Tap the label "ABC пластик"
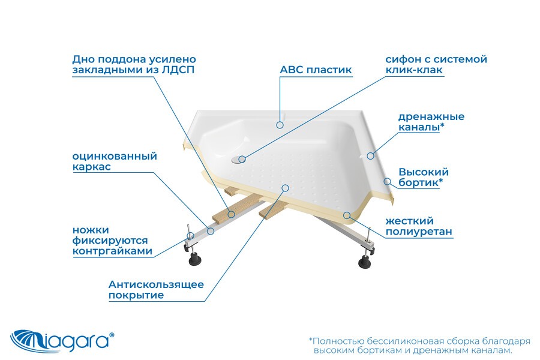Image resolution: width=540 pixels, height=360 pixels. (316, 70)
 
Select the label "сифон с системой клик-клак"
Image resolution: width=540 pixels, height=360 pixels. (436, 64)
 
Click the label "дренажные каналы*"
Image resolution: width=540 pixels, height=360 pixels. (431, 122)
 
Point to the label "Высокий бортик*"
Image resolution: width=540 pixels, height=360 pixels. (423, 177)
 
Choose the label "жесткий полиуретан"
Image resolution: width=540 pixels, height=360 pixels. (418, 226)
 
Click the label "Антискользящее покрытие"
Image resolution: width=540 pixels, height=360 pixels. (156, 290)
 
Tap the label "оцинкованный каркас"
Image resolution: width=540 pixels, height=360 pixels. (115, 161)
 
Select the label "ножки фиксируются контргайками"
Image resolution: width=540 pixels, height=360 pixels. (112, 241)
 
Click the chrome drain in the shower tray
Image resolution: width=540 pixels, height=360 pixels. (236, 159)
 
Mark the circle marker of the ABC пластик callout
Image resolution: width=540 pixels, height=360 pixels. (280, 125)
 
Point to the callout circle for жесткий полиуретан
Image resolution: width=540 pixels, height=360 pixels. (347, 215)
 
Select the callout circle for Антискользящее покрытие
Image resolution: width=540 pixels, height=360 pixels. (285, 188)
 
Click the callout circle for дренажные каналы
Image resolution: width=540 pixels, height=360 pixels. (370, 156)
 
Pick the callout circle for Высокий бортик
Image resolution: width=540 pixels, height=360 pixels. (388, 181)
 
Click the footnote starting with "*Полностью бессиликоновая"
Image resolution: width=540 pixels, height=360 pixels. (419, 346)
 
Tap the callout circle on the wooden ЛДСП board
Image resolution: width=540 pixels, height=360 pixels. (232, 214)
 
